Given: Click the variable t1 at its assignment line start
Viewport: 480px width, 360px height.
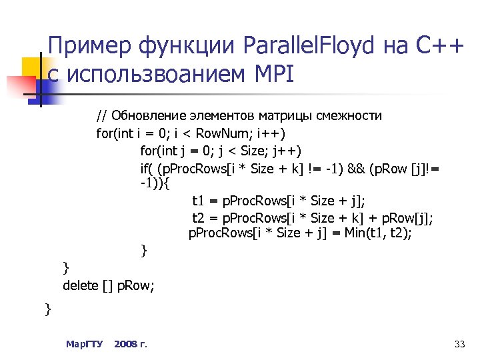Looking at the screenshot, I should pos(197,201).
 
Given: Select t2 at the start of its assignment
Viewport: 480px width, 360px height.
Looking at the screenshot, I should pos(197,217).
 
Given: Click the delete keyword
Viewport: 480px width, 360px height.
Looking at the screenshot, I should pos(81,285).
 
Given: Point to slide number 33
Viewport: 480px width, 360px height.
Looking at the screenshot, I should pos(459,344).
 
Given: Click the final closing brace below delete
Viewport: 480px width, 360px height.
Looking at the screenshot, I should pos(47,309).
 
